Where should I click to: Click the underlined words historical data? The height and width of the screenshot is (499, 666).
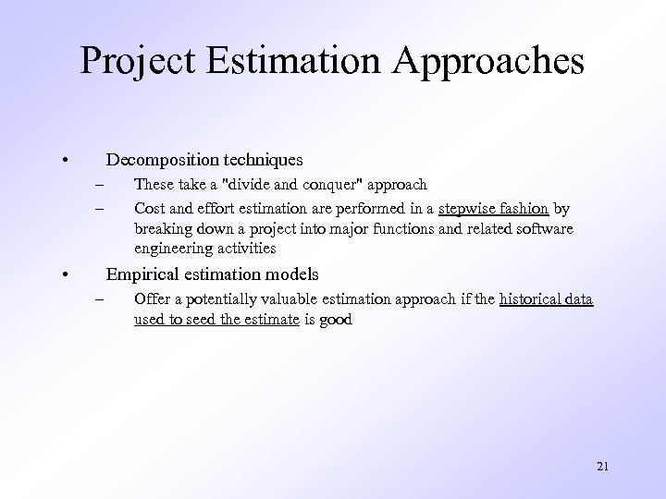click(x=546, y=299)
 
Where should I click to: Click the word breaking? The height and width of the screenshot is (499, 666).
click(x=160, y=227)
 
